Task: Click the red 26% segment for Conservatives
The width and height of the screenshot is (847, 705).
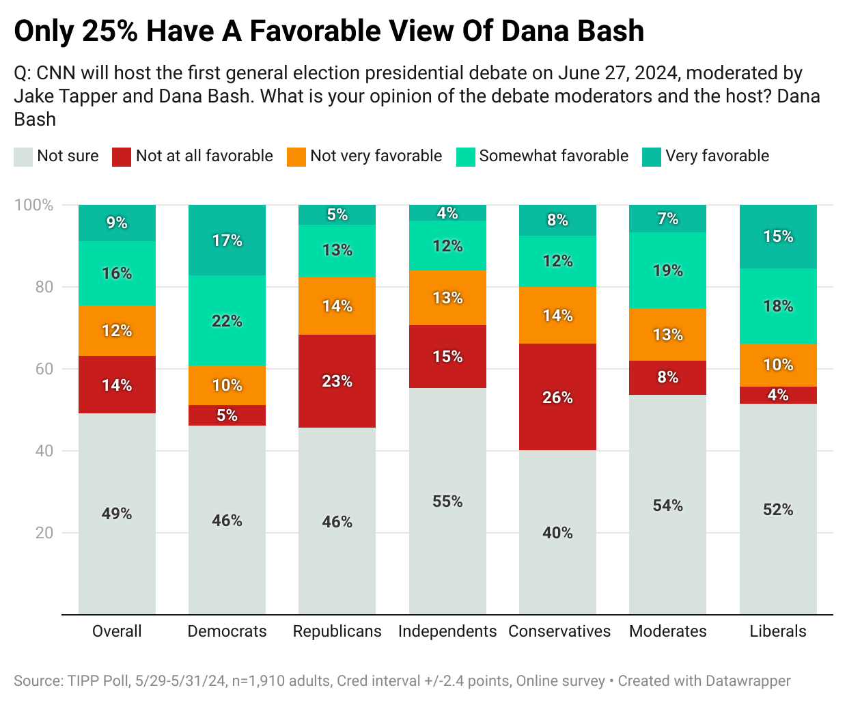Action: tap(557, 397)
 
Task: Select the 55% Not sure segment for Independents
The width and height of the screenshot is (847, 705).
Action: tap(447, 501)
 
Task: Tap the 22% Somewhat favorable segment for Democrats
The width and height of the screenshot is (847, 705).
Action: tap(227, 320)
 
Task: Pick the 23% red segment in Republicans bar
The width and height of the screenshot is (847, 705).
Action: tap(337, 381)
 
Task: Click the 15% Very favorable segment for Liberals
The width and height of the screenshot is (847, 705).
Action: tap(778, 236)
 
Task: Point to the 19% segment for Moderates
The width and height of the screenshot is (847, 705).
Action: tap(667, 270)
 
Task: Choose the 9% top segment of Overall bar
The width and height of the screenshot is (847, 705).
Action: tap(117, 223)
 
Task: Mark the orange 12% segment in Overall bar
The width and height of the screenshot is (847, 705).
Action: tap(117, 331)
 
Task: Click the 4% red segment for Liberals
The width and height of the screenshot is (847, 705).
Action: tap(778, 395)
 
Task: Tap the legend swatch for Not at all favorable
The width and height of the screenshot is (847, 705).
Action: tap(122, 156)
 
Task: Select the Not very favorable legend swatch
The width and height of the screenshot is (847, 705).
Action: tap(296, 156)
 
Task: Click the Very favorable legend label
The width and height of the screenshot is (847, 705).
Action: tap(717, 156)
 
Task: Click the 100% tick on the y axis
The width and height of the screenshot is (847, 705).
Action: tap(34, 205)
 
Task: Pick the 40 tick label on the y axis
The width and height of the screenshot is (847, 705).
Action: tap(44, 451)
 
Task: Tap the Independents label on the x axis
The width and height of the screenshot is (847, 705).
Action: tap(447, 631)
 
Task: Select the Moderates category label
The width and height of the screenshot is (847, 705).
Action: tap(667, 631)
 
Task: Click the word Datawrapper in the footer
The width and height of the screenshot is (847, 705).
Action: tap(748, 681)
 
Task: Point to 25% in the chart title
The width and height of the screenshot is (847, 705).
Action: tap(110, 31)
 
